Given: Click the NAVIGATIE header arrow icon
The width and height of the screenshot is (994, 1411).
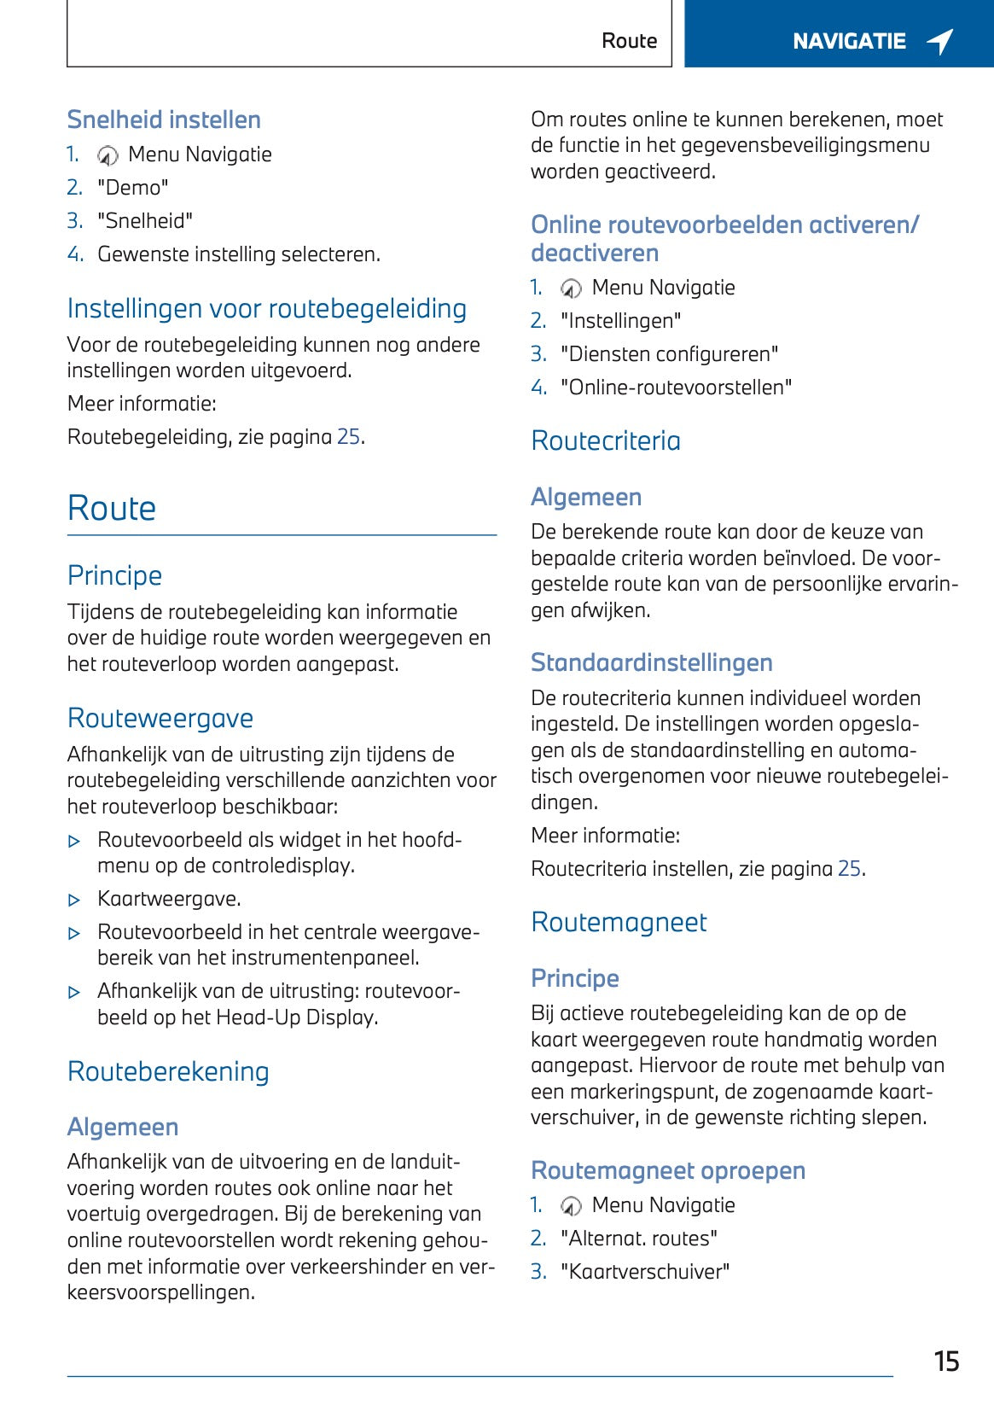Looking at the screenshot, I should pos(940,41).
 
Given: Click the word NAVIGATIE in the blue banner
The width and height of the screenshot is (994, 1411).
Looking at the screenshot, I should pos(849,41).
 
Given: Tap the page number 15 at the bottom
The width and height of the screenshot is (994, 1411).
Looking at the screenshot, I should pos(946,1361).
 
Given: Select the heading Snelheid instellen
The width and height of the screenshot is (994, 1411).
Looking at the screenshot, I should pos(164,120).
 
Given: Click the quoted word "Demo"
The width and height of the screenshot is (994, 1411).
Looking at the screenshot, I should pos(133,188).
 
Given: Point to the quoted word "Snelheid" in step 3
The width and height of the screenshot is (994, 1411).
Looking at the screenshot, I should pos(145,221).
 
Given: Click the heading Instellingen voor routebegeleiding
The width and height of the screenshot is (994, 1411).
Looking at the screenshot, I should pos(267,308).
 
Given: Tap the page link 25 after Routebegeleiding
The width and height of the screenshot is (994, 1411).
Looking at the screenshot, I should pos(348,437).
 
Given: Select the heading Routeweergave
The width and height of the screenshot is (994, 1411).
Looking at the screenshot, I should pos(160,718).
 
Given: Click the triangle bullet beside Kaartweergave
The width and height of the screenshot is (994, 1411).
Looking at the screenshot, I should pos(74,900).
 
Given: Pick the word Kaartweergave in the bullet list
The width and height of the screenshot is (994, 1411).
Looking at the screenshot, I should pos(169,899).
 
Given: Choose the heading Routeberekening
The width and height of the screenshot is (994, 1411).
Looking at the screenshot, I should pos(168,1071).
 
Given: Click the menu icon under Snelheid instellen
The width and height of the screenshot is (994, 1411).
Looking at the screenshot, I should pos(108,155).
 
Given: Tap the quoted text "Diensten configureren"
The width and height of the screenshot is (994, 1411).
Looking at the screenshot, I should pos(669,354).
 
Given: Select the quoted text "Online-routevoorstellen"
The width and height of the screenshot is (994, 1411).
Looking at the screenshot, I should pos(676,388).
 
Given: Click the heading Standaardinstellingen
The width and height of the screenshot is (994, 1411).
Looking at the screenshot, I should pos(652,662).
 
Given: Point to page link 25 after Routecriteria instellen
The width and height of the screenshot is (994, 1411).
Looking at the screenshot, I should pos(849,869).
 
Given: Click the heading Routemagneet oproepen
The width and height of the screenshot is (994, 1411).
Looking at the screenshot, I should pos(668,1170).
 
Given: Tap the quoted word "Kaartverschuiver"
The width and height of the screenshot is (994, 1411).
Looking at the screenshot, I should pos(645,1272).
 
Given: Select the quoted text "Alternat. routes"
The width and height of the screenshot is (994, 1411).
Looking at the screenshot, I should pos(638,1239).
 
